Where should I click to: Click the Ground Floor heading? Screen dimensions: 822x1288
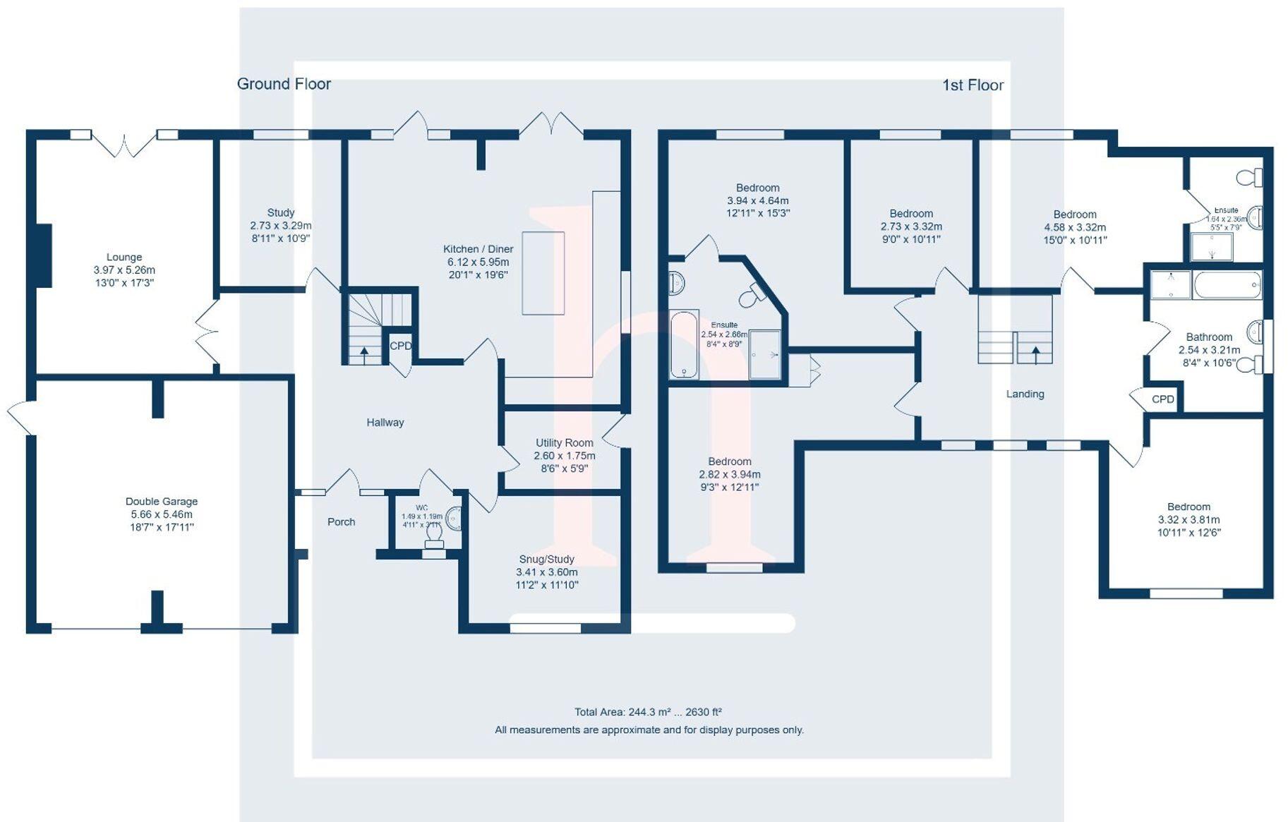[284, 84]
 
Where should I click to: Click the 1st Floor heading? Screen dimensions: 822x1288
[973, 85]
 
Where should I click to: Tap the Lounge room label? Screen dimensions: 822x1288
[124, 258]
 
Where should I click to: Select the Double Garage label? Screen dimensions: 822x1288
[162, 502]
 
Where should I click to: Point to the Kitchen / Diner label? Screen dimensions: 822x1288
[478, 249]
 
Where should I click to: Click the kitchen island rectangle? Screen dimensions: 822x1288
[543, 273]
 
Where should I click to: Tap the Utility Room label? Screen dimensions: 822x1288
[564, 443]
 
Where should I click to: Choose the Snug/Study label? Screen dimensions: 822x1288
[546, 560]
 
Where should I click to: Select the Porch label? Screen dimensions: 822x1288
[341, 522]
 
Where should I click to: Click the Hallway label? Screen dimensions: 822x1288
[385, 423]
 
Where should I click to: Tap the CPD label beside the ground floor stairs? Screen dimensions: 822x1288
[400, 346]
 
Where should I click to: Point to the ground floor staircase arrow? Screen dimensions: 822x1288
[364, 352]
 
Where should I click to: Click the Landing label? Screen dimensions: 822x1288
[1025, 394]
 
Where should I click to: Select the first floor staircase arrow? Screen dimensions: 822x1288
[1035, 352]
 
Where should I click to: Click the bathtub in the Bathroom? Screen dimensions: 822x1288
[1227, 285]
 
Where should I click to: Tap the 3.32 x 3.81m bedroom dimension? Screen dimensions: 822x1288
[1188, 520]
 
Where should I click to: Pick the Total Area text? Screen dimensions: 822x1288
[648, 712]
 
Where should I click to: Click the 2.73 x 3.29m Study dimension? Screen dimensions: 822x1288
[280, 226]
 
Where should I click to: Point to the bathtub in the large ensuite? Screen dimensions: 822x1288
[683, 344]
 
